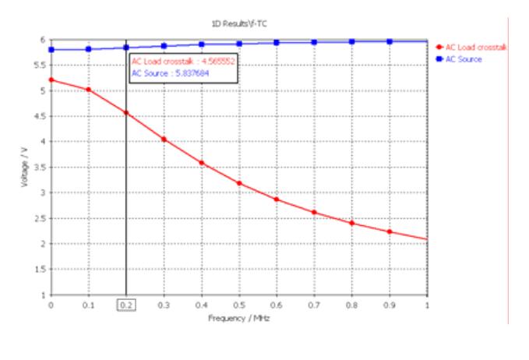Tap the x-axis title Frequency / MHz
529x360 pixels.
coord(239,319)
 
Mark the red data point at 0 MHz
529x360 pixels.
coord(51,79)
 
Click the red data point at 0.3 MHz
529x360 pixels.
coord(164,139)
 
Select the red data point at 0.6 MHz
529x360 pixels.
coord(277,199)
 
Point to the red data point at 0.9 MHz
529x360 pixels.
coord(390,231)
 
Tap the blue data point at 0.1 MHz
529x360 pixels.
coord(89,49)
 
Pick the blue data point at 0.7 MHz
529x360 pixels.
coord(314,42)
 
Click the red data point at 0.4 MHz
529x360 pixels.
coord(202,163)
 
